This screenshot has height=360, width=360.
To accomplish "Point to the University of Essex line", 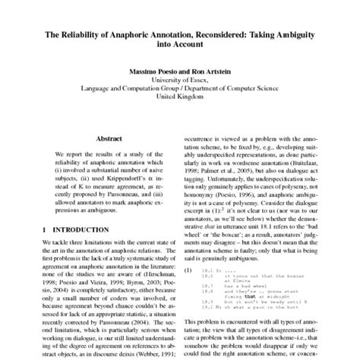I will pos(180,78).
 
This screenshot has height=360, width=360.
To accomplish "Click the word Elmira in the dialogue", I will pos(252,276).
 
